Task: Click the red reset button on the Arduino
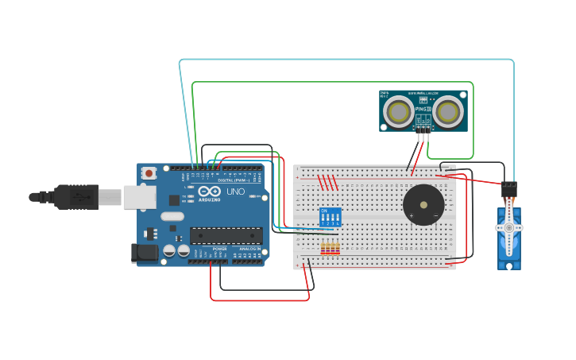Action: (149, 172)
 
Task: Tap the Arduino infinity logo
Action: (210, 192)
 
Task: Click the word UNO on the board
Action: (236, 192)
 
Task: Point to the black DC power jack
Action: (144, 253)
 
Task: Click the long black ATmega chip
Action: (226, 235)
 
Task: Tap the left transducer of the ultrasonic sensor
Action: (398, 112)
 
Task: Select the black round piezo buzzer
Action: (423, 204)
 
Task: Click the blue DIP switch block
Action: (330, 217)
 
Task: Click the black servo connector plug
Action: (508, 190)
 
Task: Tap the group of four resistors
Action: (330, 249)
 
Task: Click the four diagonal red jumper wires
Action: (328, 182)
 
